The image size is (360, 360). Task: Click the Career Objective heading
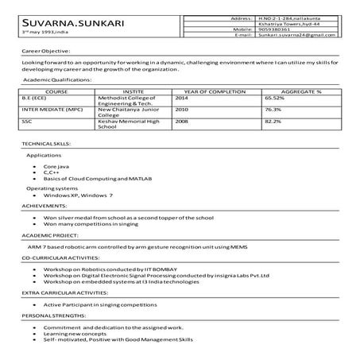(x=48, y=49)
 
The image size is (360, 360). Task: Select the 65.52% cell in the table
(x=274, y=98)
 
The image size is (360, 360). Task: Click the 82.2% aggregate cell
(x=273, y=122)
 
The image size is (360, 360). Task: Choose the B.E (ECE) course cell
(x=35, y=98)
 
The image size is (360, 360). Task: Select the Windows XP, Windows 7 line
(x=78, y=195)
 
